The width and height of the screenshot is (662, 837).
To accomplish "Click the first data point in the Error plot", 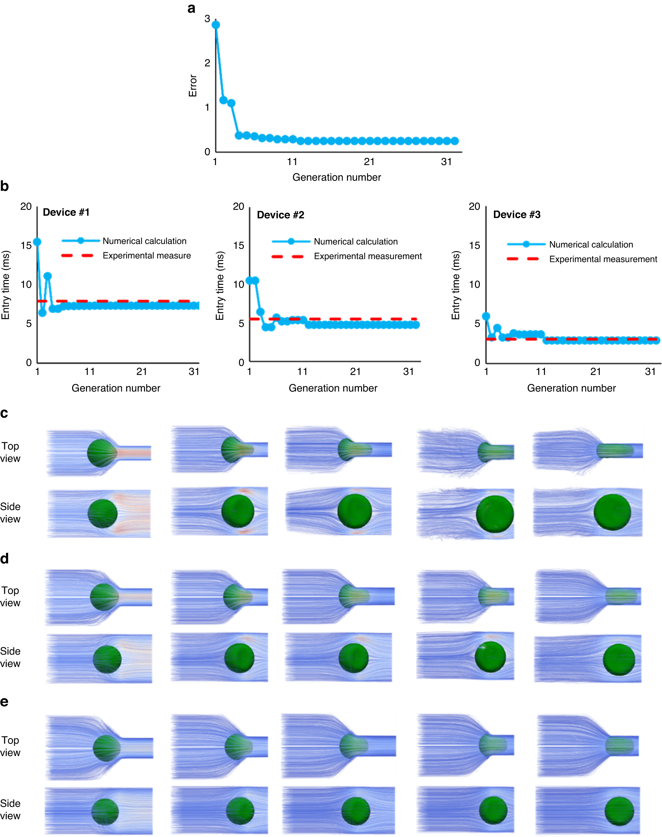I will click(x=216, y=25).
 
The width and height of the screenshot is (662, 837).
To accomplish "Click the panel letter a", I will click(x=191, y=8).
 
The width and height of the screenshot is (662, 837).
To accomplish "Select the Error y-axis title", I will click(x=193, y=86).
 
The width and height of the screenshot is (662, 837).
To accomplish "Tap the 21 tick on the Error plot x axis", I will click(x=369, y=162).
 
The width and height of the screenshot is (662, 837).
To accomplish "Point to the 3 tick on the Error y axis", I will click(x=207, y=19).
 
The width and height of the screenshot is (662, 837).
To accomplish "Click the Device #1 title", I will click(x=66, y=212).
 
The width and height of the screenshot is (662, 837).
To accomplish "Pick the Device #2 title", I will click(x=280, y=215).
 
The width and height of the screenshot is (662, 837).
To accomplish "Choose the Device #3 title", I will click(x=517, y=215).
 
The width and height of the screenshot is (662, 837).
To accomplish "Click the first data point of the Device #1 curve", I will click(x=37, y=242).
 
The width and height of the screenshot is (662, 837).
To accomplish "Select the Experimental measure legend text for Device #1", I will click(x=146, y=256).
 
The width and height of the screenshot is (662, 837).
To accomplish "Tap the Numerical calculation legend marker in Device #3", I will click(x=526, y=244).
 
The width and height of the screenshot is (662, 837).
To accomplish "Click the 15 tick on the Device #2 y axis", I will click(x=239, y=245).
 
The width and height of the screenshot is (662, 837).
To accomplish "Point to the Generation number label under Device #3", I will click(x=571, y=388).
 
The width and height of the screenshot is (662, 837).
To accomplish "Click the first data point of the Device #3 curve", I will click(x=486, y=316).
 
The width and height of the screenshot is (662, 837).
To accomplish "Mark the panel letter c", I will click(x=4, y=413).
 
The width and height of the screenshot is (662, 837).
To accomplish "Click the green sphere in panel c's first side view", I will click(x=102, y=514).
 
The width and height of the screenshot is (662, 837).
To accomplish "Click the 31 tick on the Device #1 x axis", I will click(x=194, y=372).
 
